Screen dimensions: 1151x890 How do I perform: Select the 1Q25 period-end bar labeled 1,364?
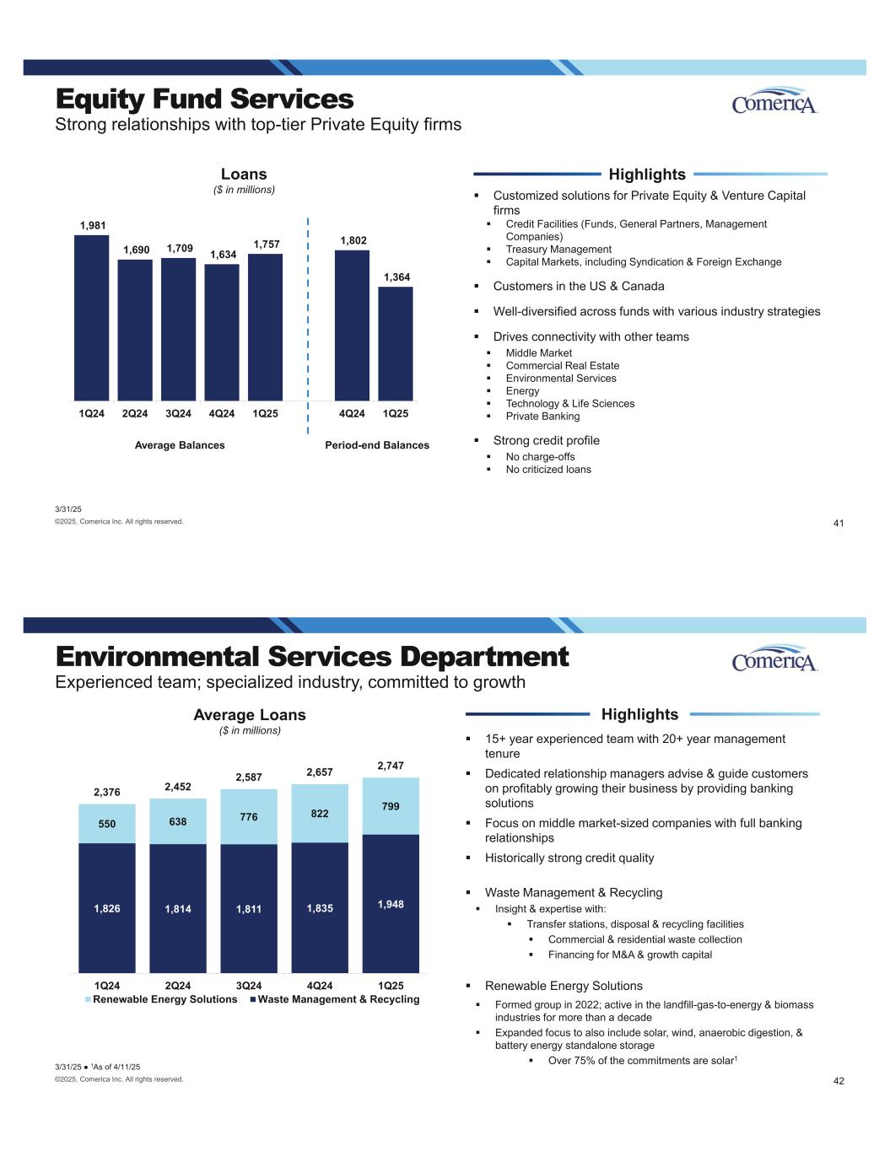point(395,343)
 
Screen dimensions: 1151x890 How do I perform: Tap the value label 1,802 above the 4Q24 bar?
point(353,241)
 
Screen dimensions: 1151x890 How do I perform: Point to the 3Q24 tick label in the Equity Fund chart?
point(178,414)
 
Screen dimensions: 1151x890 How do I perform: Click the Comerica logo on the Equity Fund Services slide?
point(774,102)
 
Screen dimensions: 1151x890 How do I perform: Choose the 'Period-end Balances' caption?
point(377,445)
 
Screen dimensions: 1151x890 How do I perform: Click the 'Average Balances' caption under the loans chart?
point(180,445)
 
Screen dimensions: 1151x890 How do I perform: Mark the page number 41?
point(838,524)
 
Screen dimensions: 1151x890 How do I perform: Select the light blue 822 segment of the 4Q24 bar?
point(320,814)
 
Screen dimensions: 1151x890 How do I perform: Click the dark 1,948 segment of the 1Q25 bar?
point(391,903)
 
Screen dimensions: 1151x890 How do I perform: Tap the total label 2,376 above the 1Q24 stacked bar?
point(107,793)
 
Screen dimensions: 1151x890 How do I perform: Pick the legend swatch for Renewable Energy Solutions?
point(88,1000)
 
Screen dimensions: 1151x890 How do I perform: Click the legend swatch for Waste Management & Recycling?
point(252,1000)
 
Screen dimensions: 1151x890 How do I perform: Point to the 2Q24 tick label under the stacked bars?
point(178,986)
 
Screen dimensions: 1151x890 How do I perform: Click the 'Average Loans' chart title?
point(250,715)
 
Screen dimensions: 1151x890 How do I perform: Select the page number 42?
point(838,1081)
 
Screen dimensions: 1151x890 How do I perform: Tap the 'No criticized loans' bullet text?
point(548,470)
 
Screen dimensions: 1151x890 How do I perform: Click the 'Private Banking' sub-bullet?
point(542,417)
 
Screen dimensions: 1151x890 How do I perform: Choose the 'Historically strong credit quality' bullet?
point(569,858)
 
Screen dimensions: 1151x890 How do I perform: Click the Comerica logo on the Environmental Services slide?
point(774,660)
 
